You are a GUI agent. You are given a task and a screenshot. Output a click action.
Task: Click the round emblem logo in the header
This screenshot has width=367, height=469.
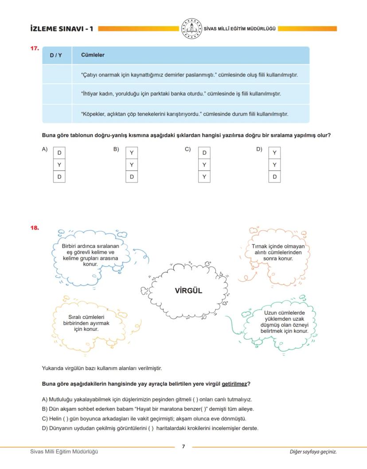coord(191,29)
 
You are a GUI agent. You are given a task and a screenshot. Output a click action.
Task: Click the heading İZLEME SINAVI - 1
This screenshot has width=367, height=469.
coord(62,29)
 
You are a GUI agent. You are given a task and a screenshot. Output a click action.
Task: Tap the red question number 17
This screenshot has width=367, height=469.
coord(35,48)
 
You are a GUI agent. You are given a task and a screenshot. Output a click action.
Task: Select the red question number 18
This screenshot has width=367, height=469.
coord(35,228)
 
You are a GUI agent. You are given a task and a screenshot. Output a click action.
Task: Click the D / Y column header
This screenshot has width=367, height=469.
coord(56,55)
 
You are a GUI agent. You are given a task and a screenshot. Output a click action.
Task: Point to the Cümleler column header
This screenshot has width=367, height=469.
coord(93,55)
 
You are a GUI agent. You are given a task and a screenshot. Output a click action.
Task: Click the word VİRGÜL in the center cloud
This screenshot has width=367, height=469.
coord(188,291)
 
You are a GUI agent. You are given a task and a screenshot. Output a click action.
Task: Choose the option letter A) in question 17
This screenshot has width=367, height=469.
coord(45,150)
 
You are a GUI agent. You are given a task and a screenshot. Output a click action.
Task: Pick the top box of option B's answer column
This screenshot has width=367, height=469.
coord(132,153)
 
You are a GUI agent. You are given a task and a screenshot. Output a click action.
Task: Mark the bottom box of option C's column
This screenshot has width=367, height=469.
coord(204,177)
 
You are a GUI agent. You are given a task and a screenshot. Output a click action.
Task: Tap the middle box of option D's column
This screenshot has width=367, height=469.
coord(274,165)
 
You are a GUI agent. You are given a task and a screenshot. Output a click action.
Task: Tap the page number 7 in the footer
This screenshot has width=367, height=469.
coord(183,446)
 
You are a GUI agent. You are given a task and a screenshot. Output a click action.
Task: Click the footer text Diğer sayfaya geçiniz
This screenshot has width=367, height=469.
coord(313,452)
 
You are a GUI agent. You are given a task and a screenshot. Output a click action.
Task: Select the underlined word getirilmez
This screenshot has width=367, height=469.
coord(234,384)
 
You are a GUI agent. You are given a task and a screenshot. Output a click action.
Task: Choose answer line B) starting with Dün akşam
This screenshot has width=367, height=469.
coord(148,409)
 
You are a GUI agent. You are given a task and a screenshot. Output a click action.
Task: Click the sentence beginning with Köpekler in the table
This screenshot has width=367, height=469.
coord(184,114)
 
